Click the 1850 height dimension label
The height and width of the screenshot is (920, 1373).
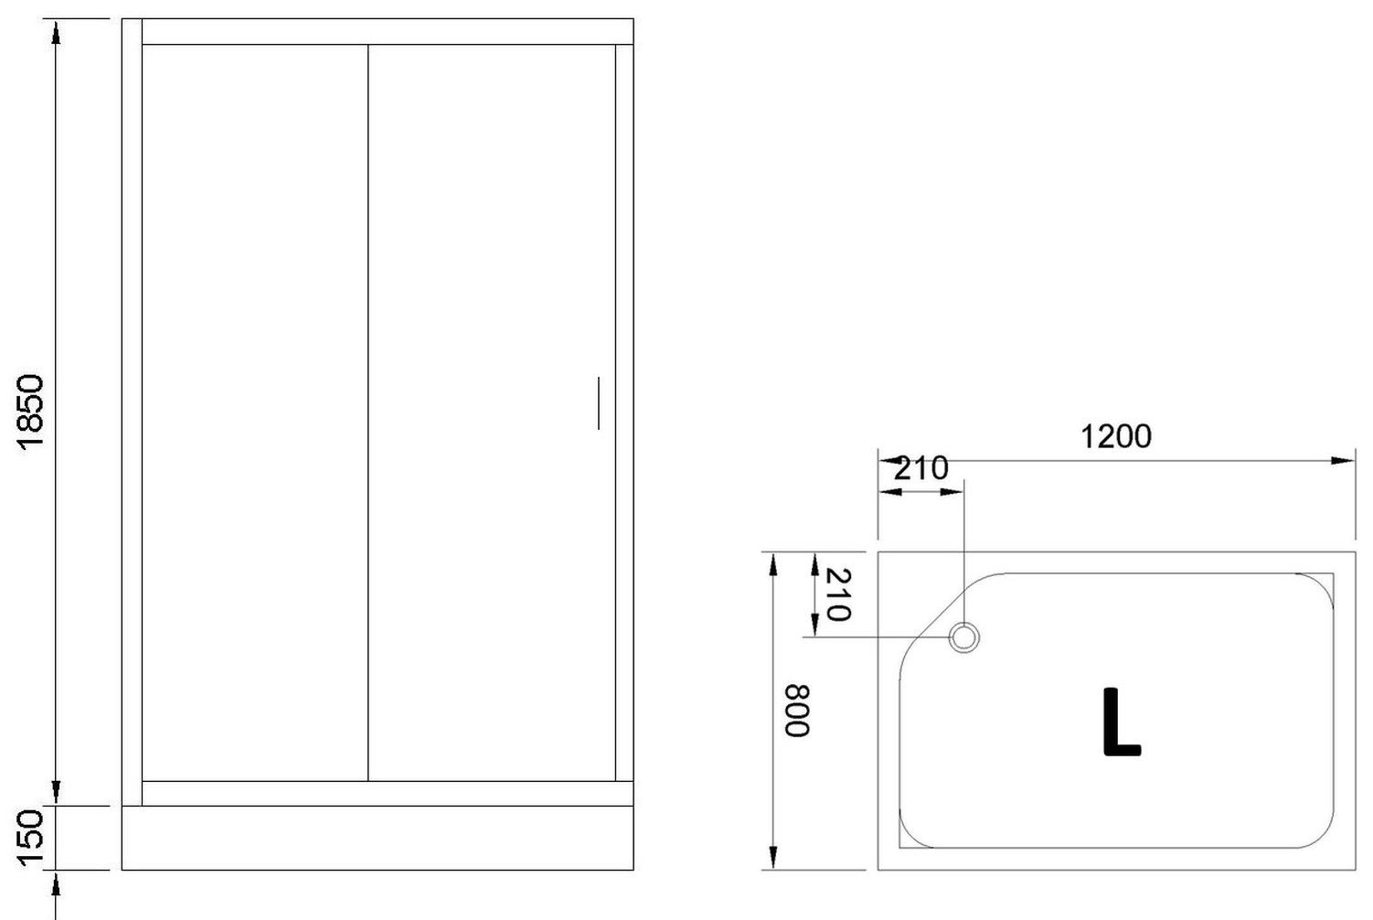31,412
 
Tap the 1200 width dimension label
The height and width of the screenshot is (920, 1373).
1115,437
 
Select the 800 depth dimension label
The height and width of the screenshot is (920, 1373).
797,711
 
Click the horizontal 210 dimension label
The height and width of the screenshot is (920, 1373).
921,469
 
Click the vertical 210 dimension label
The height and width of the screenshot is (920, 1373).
838,595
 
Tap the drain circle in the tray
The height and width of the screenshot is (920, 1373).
964,637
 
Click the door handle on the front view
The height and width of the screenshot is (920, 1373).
598,403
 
